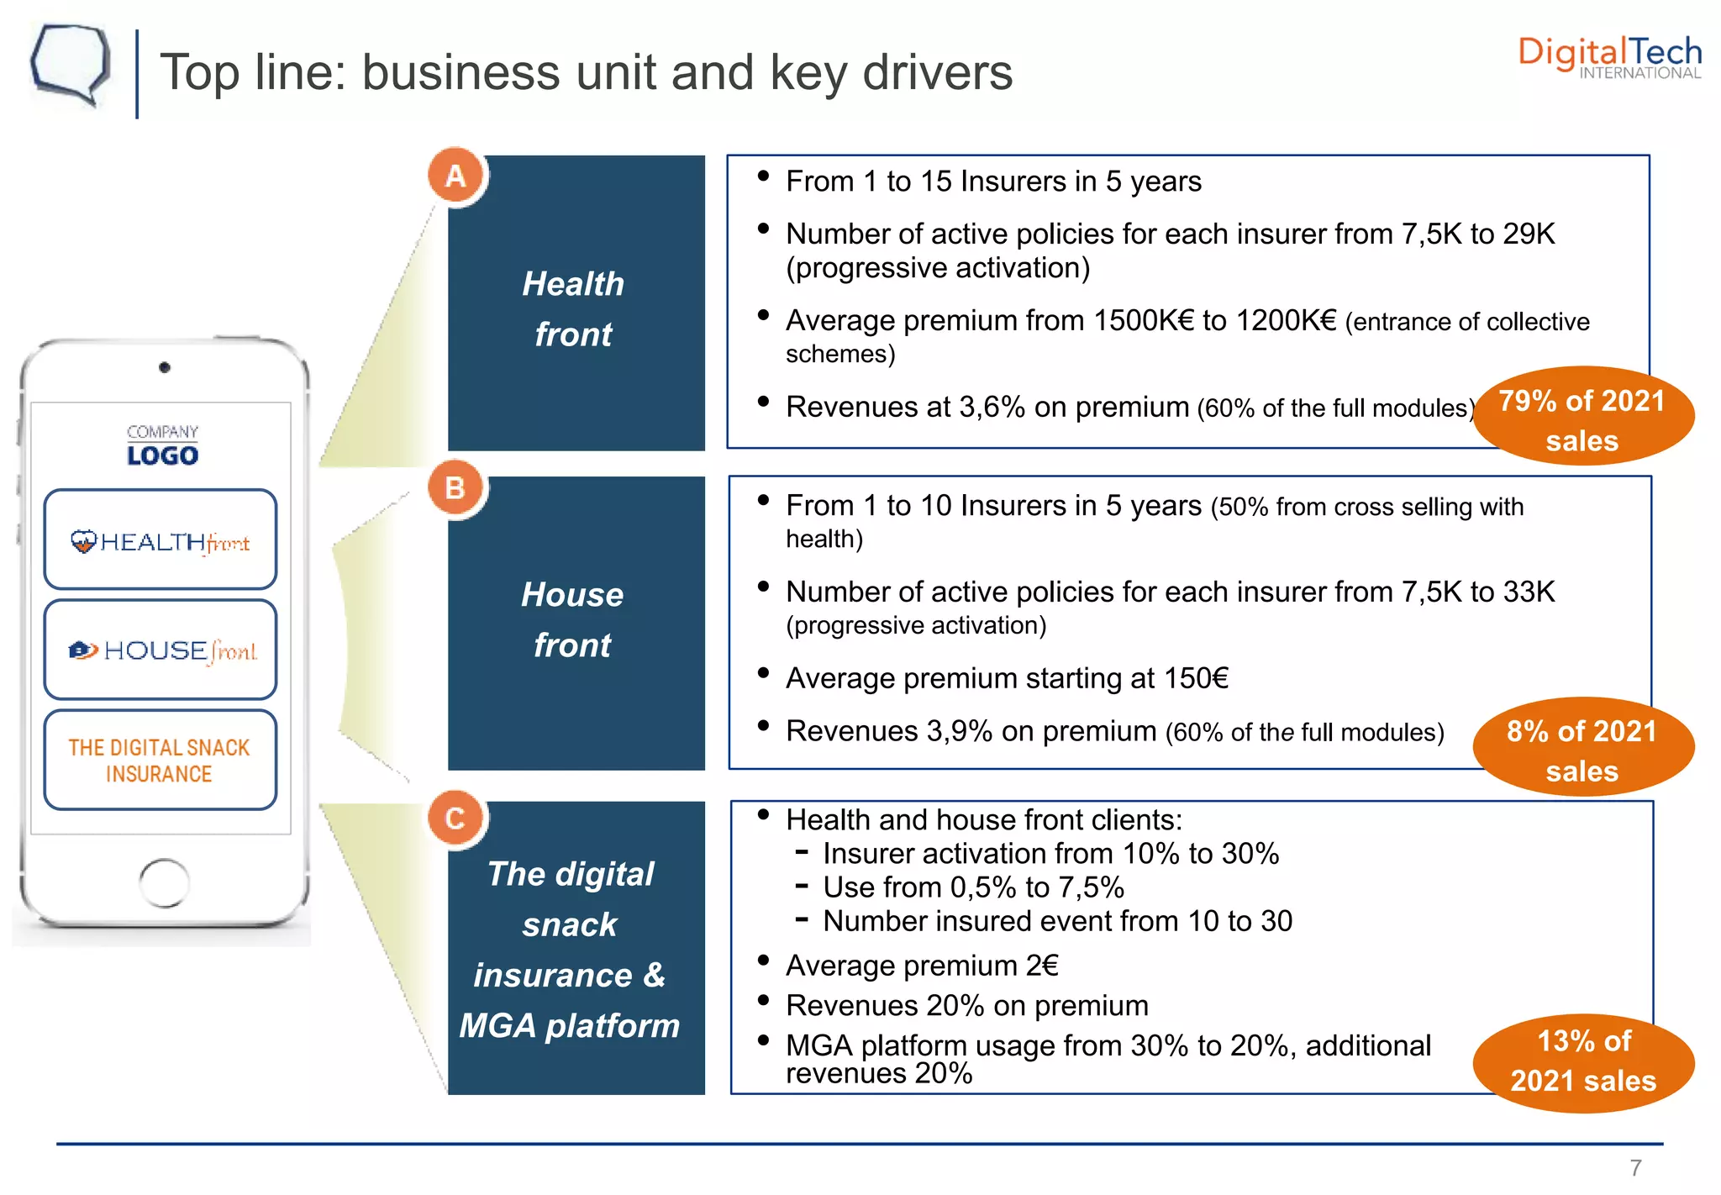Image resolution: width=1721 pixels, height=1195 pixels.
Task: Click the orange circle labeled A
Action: coord(455,176)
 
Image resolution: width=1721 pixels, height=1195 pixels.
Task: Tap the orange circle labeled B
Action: coord(455,487)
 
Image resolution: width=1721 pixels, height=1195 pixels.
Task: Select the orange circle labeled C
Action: coord(455,818)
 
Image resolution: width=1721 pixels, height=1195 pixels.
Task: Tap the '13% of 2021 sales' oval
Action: coord(1583,1061)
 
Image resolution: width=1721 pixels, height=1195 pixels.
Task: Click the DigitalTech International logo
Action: coord(1609,57)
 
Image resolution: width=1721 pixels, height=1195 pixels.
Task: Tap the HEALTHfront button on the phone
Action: coord(161,541)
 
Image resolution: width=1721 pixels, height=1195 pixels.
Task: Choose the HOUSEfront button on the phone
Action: coord(161,650)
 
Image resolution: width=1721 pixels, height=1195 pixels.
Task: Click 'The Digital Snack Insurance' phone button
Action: coord(161,760)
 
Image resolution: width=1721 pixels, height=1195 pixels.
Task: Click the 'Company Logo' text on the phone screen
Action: coord(162,445)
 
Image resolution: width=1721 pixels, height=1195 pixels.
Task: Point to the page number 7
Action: coord(1635,1167)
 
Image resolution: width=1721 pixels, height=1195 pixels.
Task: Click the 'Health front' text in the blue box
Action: coord(573,308)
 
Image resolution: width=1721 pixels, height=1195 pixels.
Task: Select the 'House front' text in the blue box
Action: coord(573,619)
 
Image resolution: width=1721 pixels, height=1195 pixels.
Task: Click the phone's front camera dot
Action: coord(165,367)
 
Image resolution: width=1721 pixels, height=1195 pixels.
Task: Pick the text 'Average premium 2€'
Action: coord(922,966)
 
